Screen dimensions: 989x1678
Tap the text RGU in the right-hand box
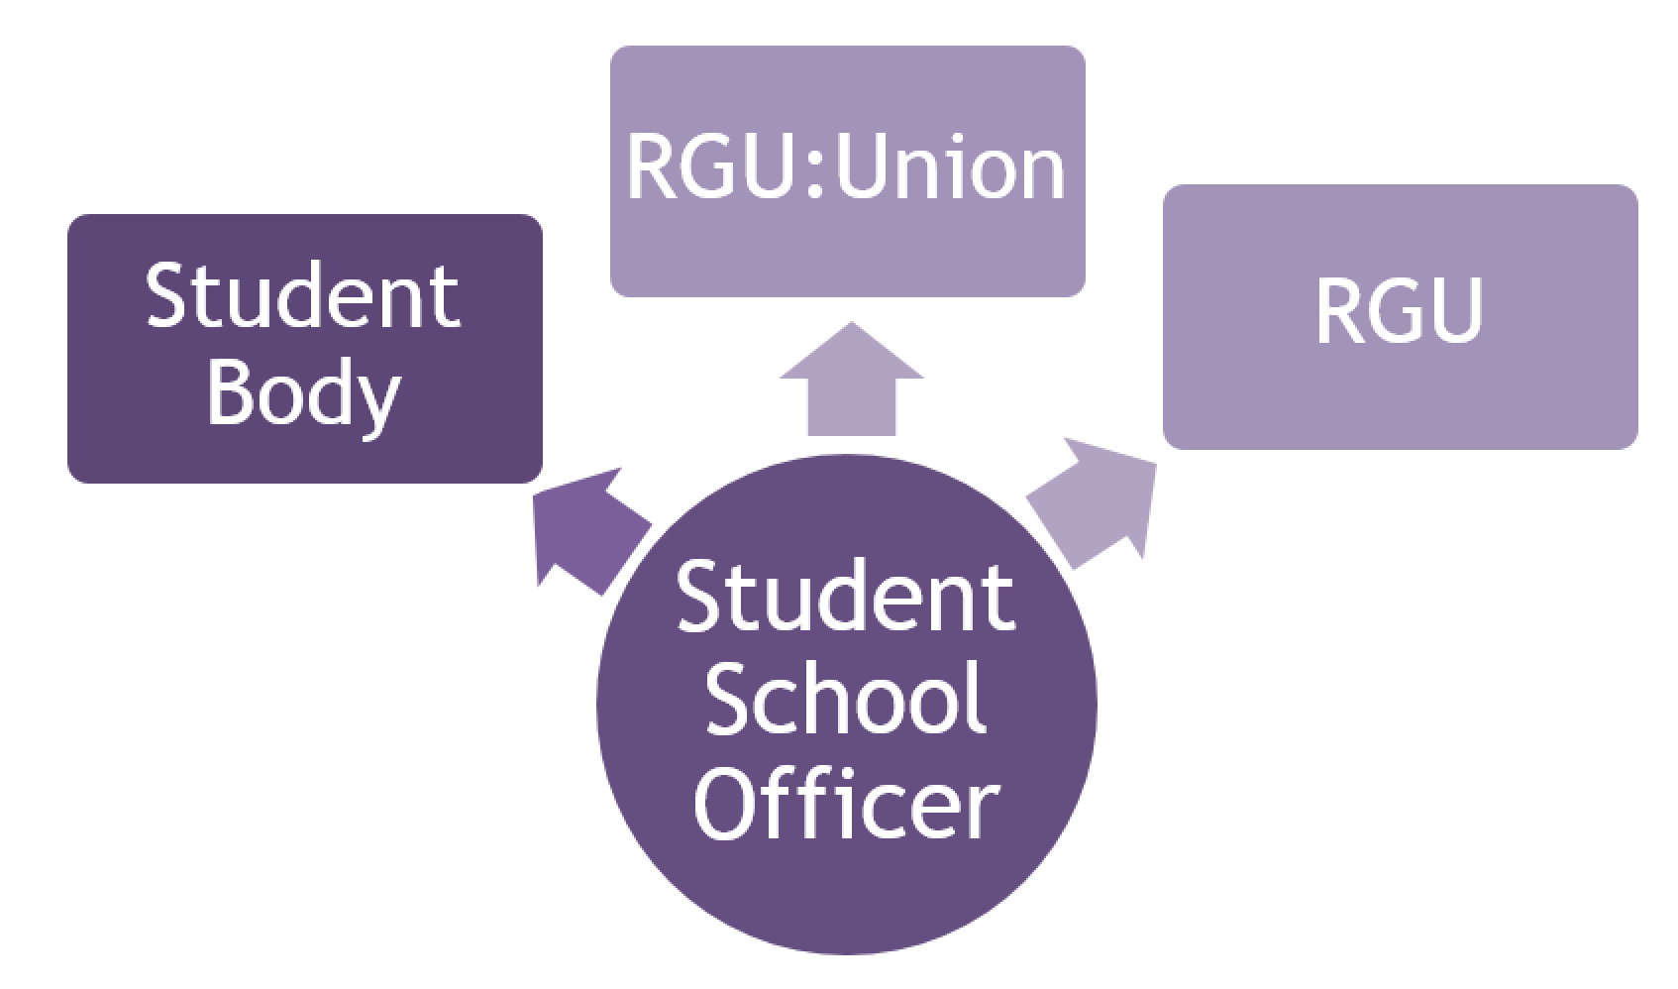pyautogui.click(x=1399, y=311)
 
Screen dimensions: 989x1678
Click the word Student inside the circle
pyautogui.click(x=847, y=597)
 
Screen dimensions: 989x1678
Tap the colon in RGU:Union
pyautogui.click(x=815, y=170)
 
